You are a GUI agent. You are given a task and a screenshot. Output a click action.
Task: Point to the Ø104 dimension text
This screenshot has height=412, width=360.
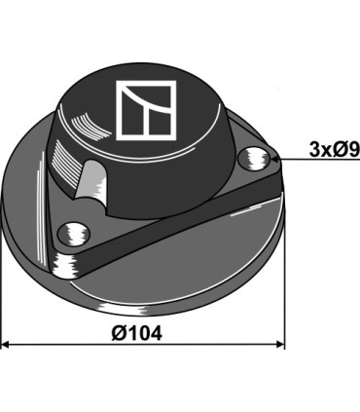[136, 331]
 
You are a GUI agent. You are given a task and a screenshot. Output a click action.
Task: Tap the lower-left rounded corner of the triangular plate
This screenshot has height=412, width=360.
[64, 267]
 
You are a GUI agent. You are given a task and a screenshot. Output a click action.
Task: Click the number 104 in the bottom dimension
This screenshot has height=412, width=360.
[145, 331]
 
